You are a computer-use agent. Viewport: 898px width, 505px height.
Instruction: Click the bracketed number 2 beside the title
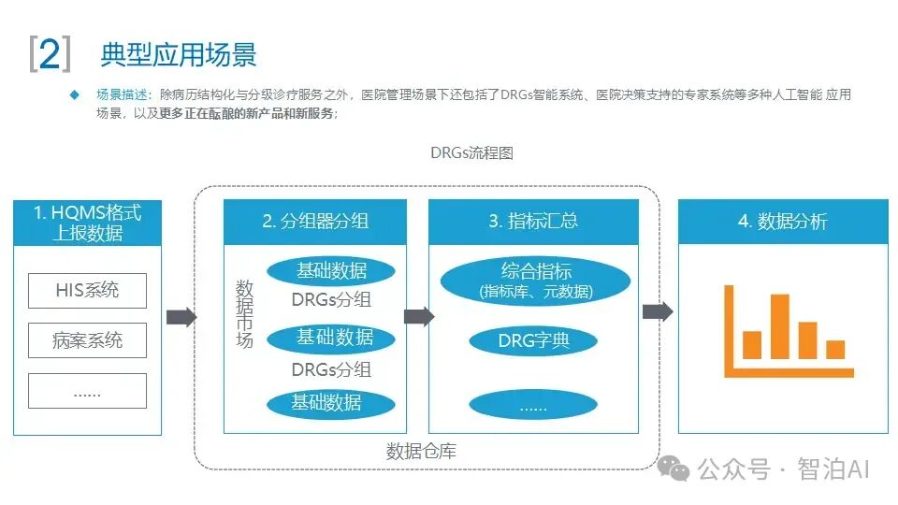click(50, 53)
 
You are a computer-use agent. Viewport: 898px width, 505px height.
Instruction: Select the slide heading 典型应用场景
click(178, 54)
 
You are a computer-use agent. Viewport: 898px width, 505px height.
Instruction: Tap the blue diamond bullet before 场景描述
click(75, 95)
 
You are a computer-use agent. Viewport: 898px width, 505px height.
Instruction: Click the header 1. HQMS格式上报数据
click(87, 223)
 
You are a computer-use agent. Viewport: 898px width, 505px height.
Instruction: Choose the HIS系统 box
click(87, 290)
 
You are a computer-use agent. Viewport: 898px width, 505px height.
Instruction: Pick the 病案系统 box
click(87, 340)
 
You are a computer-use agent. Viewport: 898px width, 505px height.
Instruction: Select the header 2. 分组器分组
click(315, 222)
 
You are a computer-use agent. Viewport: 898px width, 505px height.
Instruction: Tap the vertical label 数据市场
click(244, 313)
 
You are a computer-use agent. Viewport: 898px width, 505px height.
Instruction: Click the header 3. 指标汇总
click(533, 222)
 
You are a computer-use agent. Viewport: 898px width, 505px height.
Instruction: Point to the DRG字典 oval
click(533, 340)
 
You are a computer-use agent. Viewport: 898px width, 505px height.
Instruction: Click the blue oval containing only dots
click(533, 405)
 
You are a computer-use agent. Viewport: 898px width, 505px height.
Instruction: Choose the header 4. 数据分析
click(783, 222)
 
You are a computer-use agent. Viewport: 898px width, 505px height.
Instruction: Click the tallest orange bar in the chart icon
click(779, 326)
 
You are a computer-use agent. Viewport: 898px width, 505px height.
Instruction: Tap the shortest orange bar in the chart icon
click(835, 350)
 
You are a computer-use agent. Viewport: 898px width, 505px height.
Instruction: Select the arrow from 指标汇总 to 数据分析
click(658, 311)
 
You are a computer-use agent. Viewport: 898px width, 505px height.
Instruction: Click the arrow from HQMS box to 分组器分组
click(181, 317)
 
